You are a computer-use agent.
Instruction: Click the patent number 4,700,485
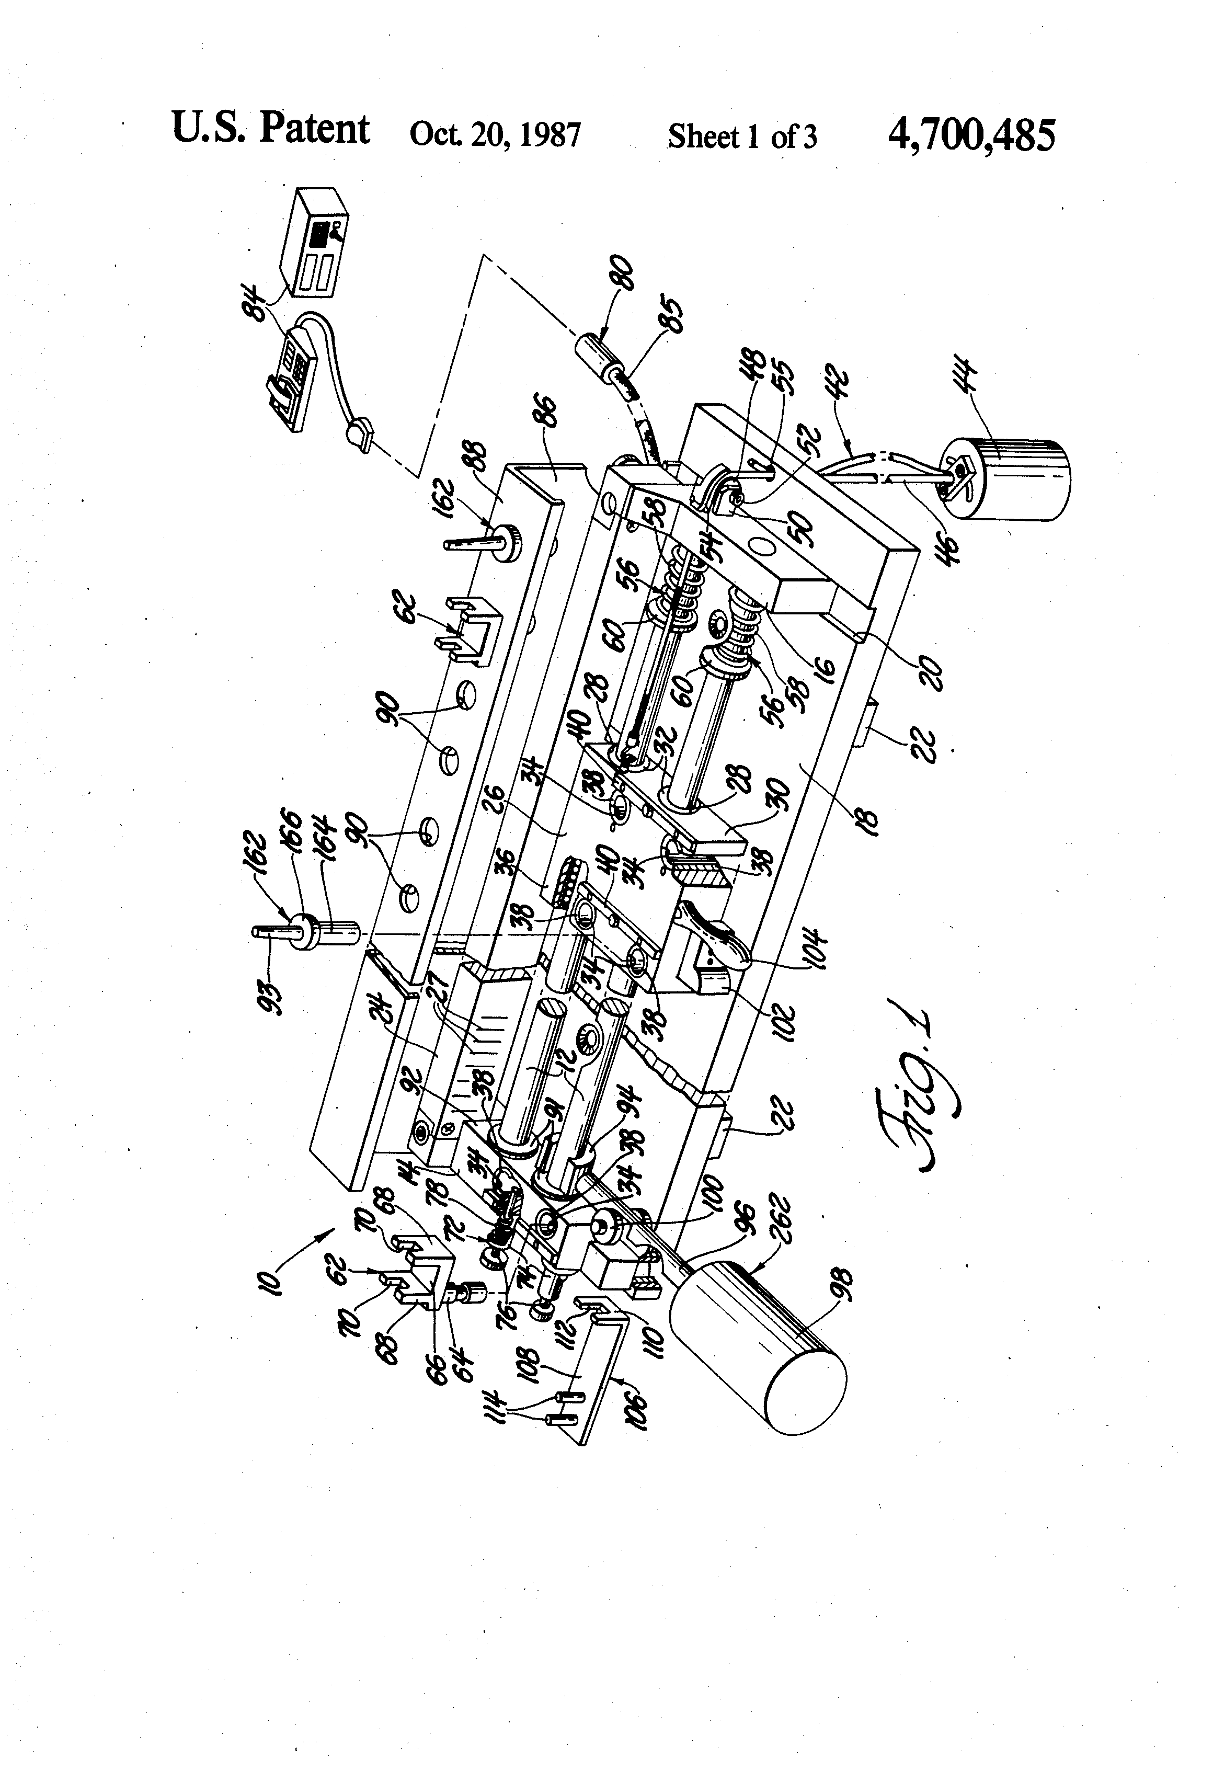tap(971, 135)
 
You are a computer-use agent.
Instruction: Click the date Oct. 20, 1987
tap(495, 135)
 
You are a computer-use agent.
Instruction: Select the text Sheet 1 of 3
tap(741, 137)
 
